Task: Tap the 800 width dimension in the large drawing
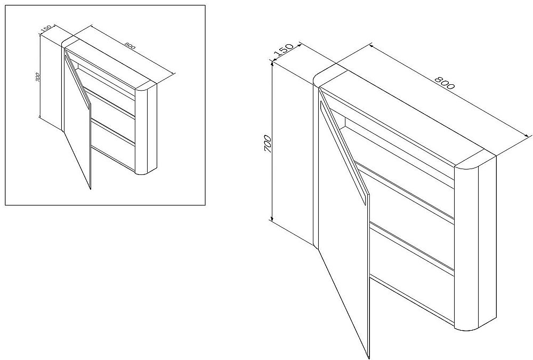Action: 445,83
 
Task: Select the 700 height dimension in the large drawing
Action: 268,143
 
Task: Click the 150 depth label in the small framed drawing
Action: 46,29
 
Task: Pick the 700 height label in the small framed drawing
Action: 37,77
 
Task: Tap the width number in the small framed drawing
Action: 130,45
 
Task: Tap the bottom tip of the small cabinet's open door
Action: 91,189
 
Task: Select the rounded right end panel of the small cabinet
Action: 146,129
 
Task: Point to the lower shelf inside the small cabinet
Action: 114,131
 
